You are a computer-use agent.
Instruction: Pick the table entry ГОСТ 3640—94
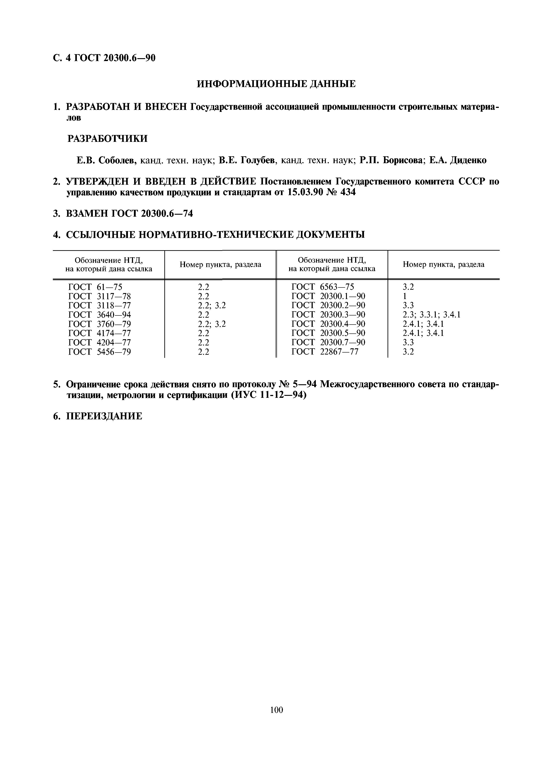(99, 315)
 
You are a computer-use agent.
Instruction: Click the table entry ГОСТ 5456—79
(99, 352)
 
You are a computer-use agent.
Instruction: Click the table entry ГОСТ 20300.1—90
(328, 296)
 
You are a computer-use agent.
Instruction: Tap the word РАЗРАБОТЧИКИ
(108, 139)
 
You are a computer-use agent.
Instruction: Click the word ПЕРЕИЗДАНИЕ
(104, 416)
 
